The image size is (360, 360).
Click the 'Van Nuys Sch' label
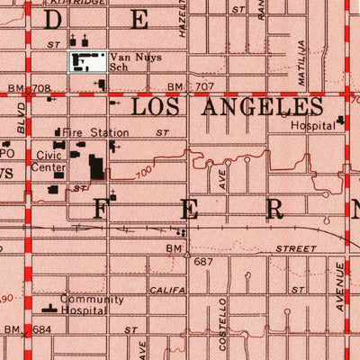point(129,60)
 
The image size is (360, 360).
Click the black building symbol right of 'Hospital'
point(341,121)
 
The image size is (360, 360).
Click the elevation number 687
point(204,261)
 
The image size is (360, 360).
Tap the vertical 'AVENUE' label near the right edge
point(339,286)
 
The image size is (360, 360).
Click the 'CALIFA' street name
point(166,290)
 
